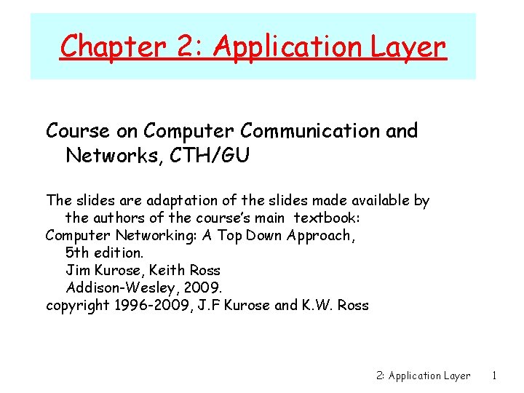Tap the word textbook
327,218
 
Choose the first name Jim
76,270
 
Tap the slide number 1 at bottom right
494,376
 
